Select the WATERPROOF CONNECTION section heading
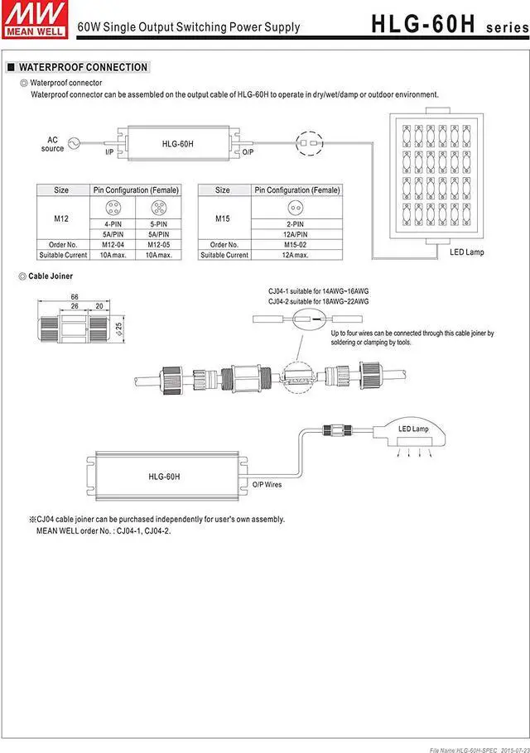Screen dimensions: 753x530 click(83, 67)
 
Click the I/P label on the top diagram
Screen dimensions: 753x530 click(109, 153)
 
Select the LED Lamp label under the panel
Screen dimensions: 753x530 click(467, 252)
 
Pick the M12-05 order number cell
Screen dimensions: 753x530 click(158, 245)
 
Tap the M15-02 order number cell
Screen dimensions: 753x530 click(296, 245)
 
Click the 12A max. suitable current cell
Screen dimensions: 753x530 click(296, 255)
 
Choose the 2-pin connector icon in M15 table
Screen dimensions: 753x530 click(296, 209)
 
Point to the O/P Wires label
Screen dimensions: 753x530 click(267, 485)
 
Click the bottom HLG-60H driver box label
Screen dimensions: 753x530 click(165, 477)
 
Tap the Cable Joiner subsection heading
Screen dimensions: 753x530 click(51, 275)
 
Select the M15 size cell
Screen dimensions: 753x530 click(223, 218)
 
